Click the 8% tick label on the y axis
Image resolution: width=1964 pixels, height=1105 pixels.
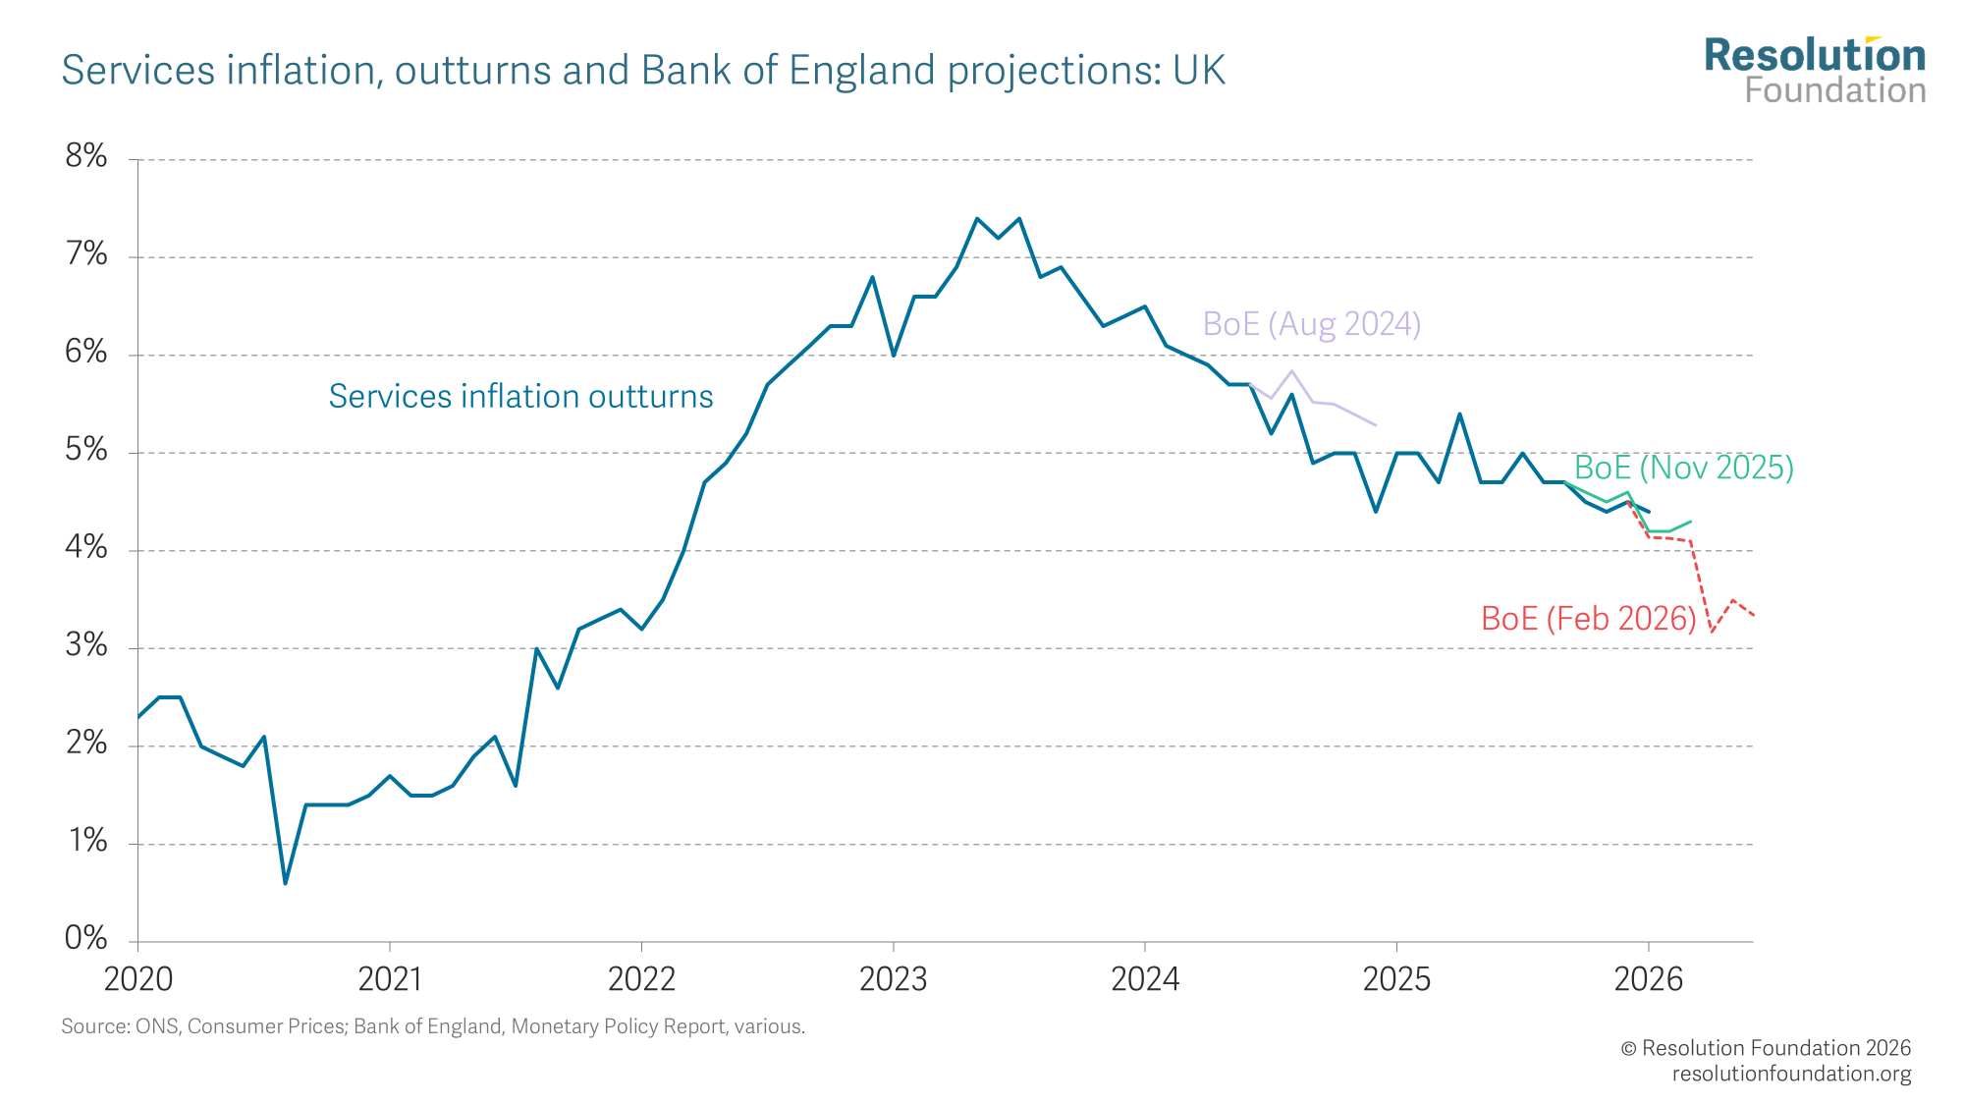click(86, 157)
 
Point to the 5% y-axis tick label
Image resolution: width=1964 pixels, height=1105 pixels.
click(86, 451)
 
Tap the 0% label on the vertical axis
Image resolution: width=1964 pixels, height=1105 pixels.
click(86, 939)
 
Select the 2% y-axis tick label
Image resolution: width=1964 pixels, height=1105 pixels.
click(86, 744)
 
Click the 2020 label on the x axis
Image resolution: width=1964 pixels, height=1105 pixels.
click(138, 979)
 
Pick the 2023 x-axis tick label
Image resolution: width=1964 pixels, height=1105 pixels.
click(893, 979)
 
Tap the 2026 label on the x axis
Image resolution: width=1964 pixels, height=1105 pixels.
click(1648, 979)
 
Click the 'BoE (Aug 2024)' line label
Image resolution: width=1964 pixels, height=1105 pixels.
click(1311, 324)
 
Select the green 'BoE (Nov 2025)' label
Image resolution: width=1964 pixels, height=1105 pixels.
click(1683, 468)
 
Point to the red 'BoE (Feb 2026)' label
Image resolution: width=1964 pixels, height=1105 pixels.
click(1588, 619)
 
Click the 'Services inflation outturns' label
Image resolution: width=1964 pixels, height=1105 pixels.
click(520, 397)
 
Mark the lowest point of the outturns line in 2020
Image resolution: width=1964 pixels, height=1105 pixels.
click(285, 883)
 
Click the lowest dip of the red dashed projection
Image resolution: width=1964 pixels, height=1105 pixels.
click(1712, 632)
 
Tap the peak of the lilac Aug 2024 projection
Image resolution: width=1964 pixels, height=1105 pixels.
click(1292, 371)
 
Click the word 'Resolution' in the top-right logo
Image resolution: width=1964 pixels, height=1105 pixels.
click(1815, 56)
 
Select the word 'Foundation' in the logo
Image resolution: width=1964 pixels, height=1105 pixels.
click(1834, 91)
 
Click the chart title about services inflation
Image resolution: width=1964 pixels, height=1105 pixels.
click(643, 71)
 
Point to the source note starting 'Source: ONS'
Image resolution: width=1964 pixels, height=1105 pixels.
click(433, 1026)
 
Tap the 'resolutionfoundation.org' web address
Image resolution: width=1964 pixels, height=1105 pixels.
click(1791, 1074)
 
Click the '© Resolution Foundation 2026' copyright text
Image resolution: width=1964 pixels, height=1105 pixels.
click(1765, 1048)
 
